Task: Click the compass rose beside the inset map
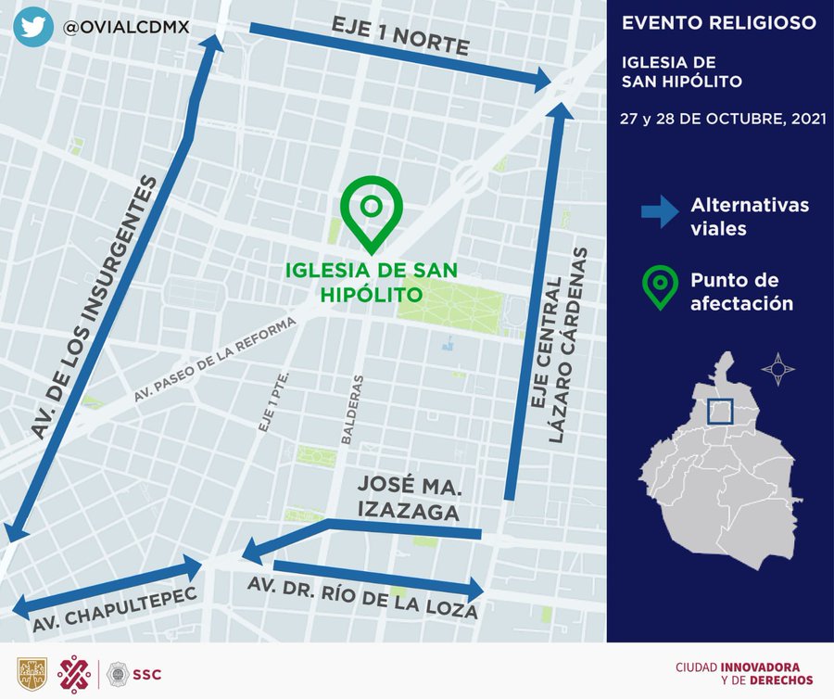pyautogui.click(x=777, y=369)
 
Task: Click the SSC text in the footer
pyautogui.click(x=148, y=674)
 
